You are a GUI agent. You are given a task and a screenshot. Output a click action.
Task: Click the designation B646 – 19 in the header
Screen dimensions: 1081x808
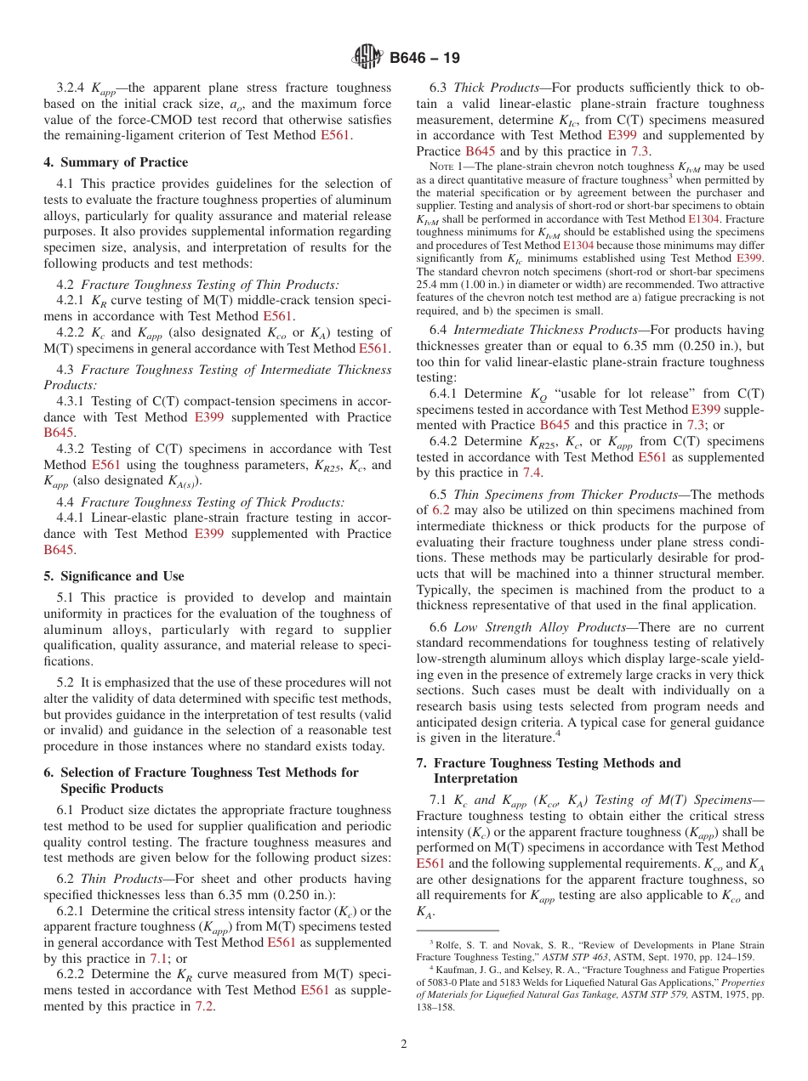[424, 59]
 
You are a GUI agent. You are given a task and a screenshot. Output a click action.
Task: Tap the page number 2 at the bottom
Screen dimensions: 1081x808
[404, 1044]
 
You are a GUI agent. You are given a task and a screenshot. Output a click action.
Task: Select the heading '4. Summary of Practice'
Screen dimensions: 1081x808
[116, 162]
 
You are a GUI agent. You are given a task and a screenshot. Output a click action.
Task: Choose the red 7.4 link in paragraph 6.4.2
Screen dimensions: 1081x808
[531, 473]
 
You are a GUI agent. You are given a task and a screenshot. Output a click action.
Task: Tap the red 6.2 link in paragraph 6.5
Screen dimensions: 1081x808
[441, 510]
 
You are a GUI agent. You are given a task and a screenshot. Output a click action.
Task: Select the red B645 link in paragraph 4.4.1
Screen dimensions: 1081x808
[59, 549]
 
